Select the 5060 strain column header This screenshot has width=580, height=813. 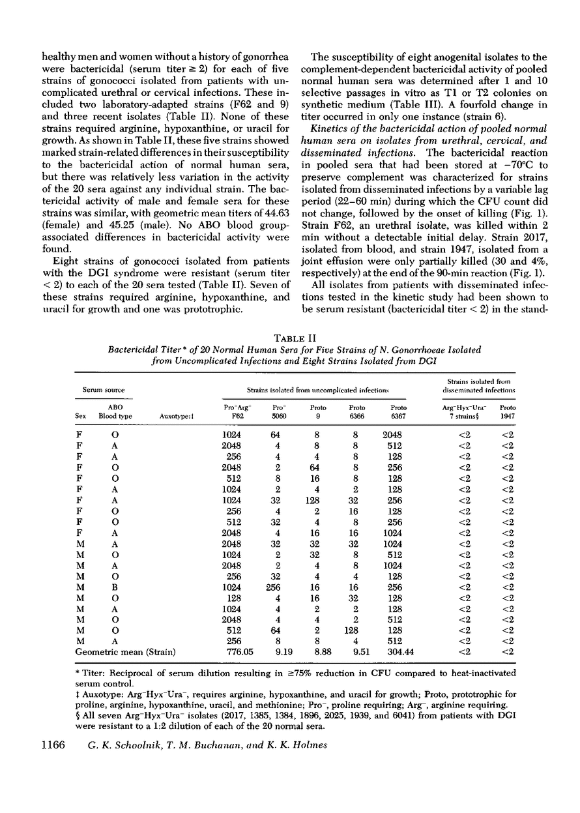278,415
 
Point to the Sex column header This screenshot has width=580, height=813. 81,415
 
